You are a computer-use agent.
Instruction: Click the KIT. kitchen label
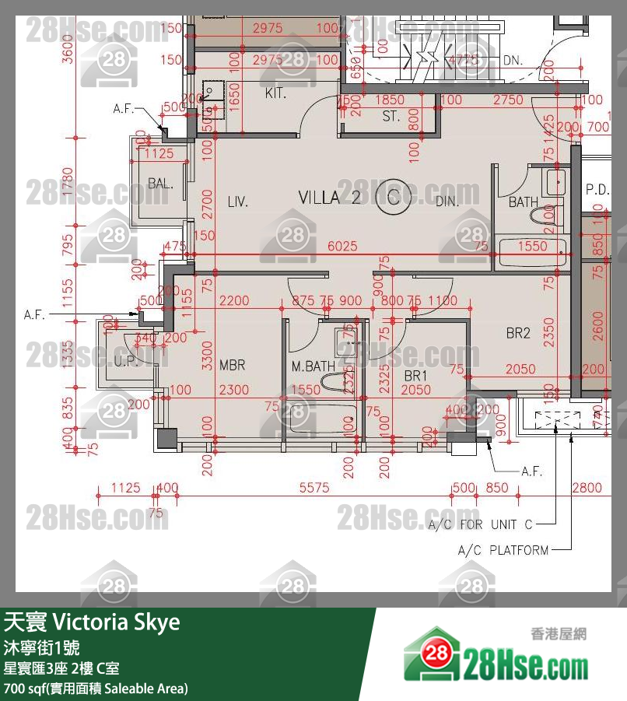click(x=276, y=93)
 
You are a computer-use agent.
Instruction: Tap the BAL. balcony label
click(x=160, y=184)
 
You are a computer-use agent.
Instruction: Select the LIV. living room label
click(x=238, y=202)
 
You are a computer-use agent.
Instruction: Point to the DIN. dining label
click(x=447, y=202)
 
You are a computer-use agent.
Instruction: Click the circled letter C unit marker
click(x=394, y=197)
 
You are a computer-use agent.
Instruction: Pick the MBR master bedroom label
click(x=233, y=365)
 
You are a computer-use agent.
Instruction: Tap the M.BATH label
click(x=313, y=366)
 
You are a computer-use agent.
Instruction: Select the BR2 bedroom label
click(x=518, y=333)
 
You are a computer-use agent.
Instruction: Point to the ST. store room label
click(x=391, y=117)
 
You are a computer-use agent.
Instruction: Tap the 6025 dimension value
click(x=342, y=246)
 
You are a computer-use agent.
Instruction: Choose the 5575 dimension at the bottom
click(x=315, y=489)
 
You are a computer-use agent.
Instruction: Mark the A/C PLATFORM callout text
click(x=503, y=550)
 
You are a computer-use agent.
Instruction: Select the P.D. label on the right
click(x=597, y=188)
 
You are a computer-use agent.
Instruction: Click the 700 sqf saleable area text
click(x=95, y=689)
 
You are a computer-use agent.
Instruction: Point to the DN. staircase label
click(x=511, y=59)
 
